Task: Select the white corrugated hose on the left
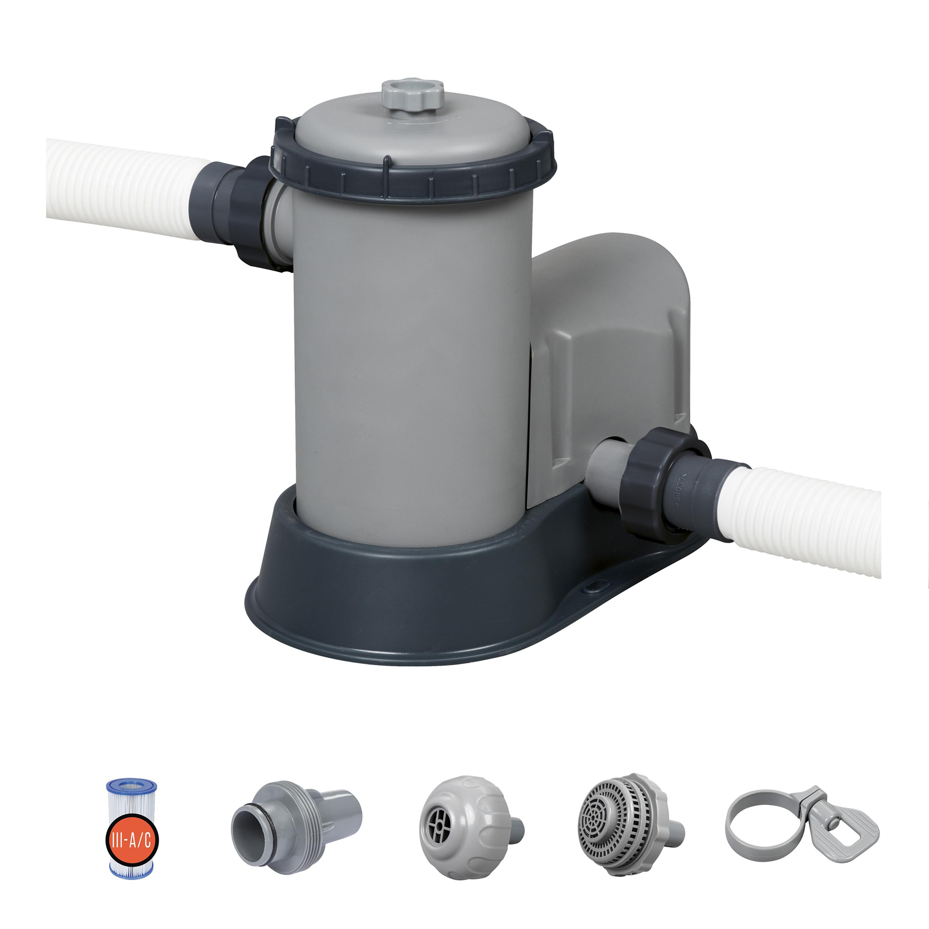[121, 189]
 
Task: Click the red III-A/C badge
[132, 840]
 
